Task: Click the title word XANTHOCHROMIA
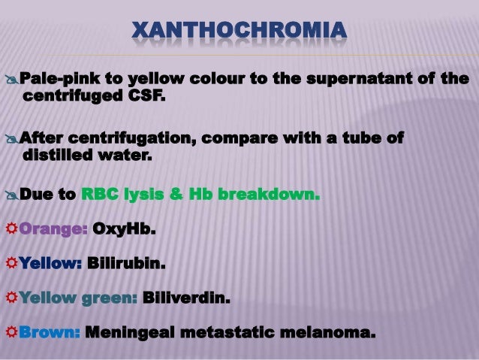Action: [239, 32]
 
